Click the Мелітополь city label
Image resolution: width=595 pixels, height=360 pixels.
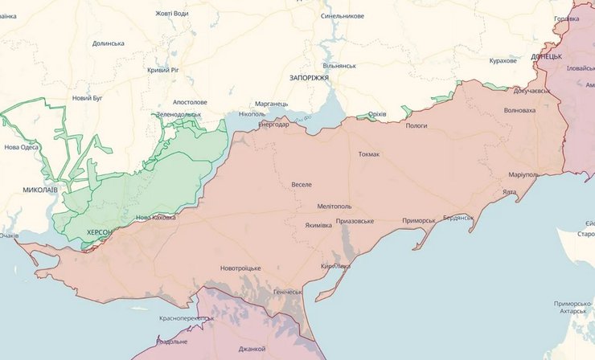click(334, 207)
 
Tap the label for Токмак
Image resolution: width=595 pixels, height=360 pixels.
click(369, 154)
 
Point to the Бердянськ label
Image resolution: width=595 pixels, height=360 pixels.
click(459, 218)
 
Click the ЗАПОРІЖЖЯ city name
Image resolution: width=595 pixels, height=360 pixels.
click(310, 77)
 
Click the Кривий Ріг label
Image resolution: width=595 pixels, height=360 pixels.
click(167, 71)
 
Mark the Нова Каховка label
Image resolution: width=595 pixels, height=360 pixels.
click(156, 217)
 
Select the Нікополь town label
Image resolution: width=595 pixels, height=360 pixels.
click(252, 114)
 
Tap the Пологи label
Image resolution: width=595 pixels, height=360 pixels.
click(416, 126)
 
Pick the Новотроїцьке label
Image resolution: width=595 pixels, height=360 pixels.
click(240, 268)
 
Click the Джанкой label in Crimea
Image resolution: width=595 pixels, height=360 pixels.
click(252, 349)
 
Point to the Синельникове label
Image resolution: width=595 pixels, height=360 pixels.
click(342, 16)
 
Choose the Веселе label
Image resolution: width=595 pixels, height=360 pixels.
click(302, 185)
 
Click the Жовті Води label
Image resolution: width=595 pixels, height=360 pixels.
click(173, 13)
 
